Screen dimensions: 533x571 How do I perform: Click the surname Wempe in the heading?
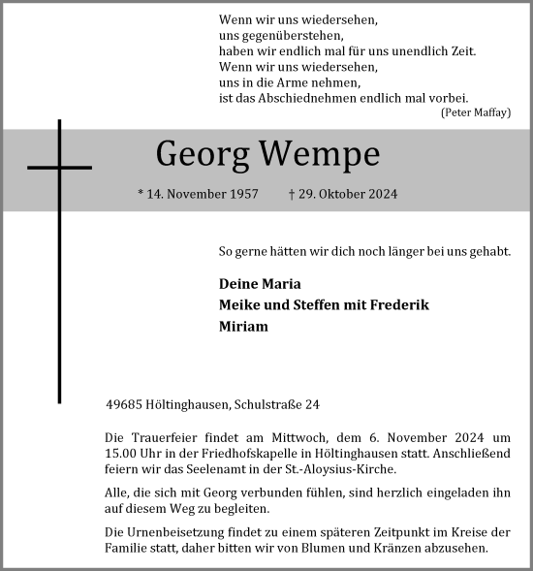319,153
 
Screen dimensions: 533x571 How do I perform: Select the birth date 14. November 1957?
199,194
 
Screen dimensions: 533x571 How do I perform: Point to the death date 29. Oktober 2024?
344,194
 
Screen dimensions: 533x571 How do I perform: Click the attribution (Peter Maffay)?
475,112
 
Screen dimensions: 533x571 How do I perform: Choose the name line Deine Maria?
261,284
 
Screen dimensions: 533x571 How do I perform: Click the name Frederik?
398,305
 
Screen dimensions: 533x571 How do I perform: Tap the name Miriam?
244,327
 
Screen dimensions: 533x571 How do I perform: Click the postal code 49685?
125,404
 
